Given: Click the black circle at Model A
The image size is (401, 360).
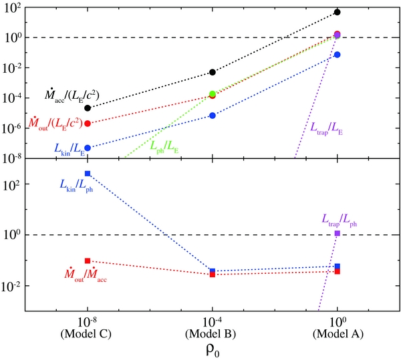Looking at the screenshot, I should [x=338, y=12].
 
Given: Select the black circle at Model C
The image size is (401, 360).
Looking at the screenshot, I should [x=88, y=108].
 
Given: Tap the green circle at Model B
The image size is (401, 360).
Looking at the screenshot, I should [x=213, y=94].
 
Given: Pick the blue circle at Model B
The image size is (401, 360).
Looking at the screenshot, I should [x=213, y=116].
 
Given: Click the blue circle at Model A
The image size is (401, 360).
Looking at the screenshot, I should [x=338, y=54].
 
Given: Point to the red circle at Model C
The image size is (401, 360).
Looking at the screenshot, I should [x=88, y=124].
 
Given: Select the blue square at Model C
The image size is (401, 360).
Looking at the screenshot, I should [x=88, y=174].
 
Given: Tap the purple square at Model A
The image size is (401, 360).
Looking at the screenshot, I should [x=338, y=234].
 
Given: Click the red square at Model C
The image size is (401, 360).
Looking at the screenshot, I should [x=88, y=260].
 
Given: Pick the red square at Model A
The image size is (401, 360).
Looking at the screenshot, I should [x=338, y=271].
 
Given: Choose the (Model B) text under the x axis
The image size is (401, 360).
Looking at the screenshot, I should [x=213, y=333].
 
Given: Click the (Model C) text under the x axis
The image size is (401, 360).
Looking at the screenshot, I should [x=88, y=333].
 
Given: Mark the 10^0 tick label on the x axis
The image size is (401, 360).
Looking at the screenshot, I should [x=338, y=321].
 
